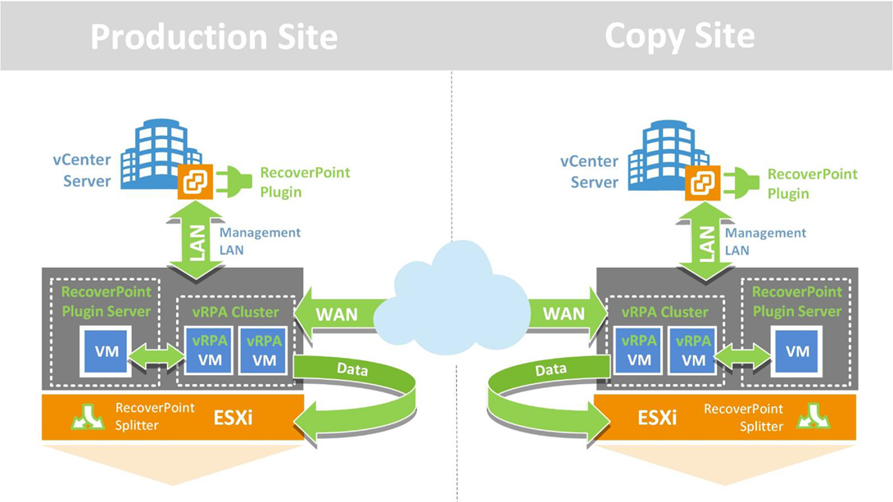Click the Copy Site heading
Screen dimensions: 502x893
[x=679, y=36]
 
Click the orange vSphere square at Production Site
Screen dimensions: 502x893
[x=195, y=182]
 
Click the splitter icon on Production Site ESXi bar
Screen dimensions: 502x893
[x=88, y=416]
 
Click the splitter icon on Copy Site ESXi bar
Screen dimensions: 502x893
[x=814, y=416]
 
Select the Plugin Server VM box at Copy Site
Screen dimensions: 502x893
[x=796, y=351]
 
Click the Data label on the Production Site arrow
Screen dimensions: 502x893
[x=352, y=369]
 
